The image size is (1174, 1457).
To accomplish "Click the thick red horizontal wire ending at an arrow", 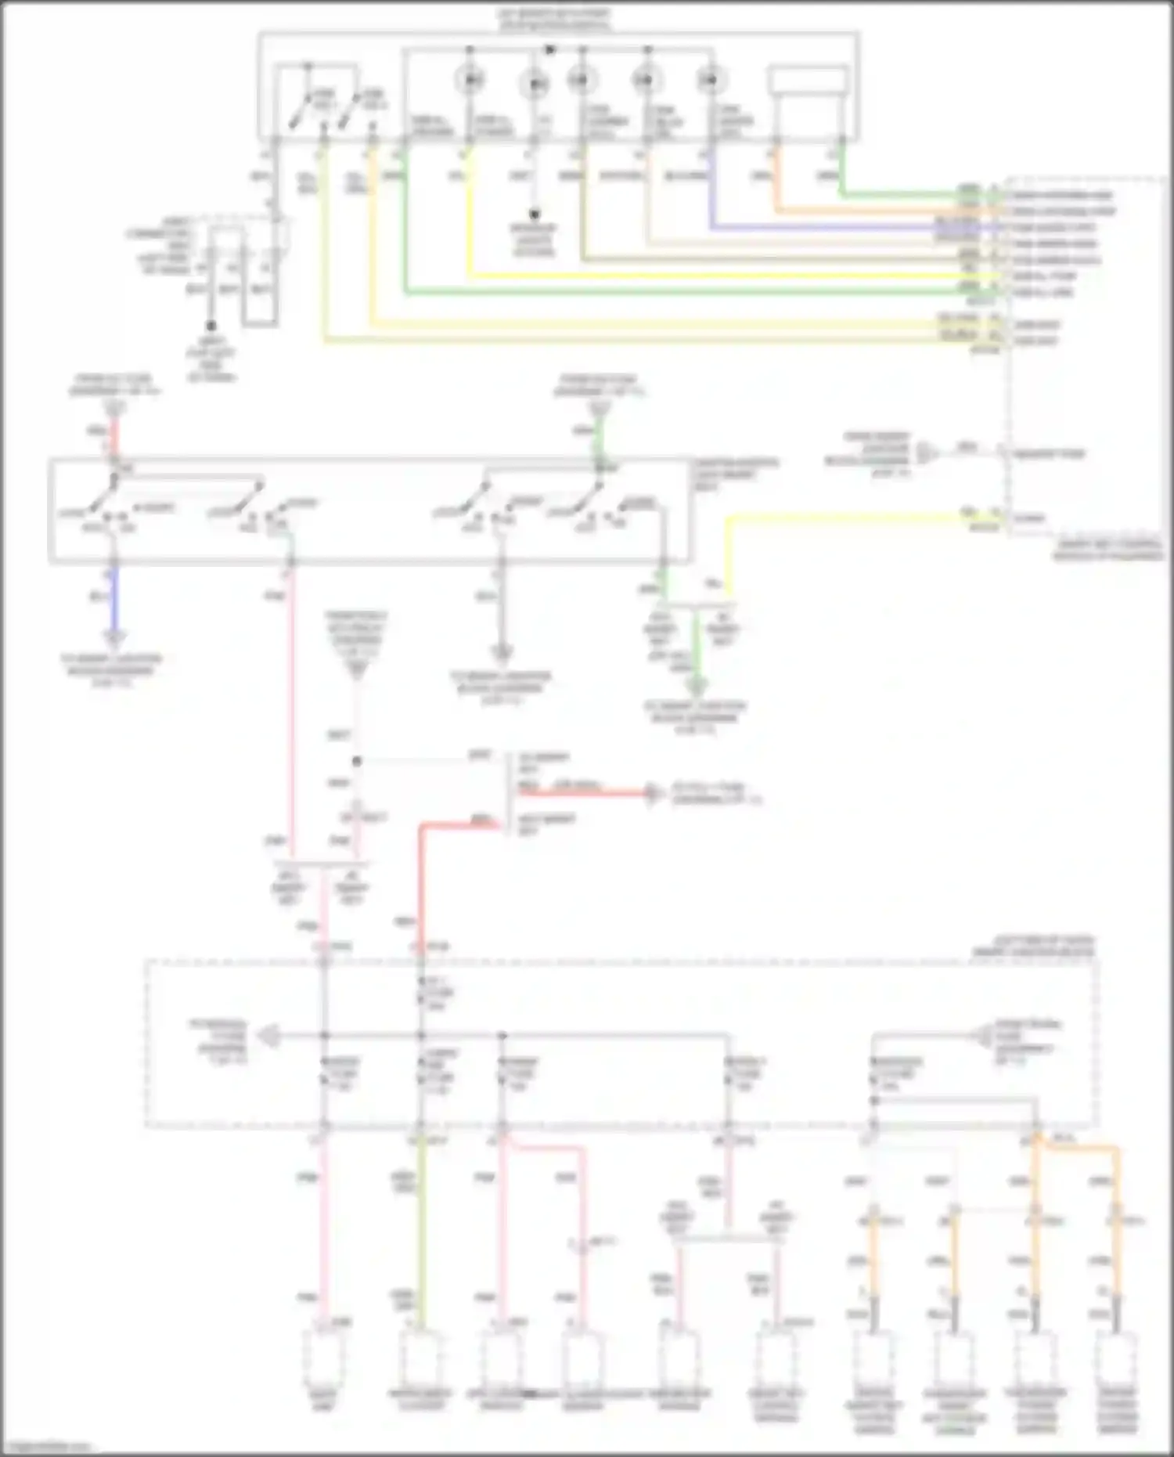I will tap(579, 792).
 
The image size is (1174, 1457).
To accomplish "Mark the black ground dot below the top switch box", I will tap(535, 213).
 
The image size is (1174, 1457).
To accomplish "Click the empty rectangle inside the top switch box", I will tap(808, 81).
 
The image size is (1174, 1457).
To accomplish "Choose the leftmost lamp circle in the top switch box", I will tap(470, 79).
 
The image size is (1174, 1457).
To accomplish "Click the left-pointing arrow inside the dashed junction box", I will tap(269, 1036).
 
